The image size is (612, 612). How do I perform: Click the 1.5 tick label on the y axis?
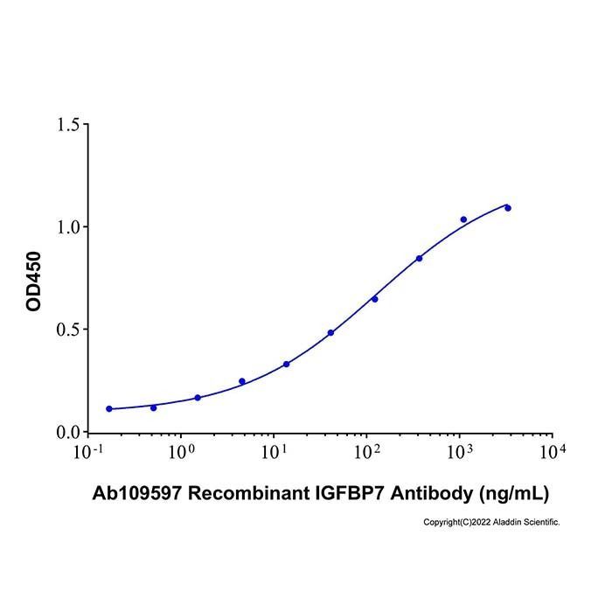(x=68, y=125)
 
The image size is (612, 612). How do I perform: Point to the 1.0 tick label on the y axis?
(x=68, y=227)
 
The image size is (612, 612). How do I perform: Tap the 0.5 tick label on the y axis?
(x=68, y=330)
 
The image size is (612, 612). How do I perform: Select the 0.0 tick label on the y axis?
(x=68, y=433)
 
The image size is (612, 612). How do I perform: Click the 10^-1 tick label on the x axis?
(x=88, y=452)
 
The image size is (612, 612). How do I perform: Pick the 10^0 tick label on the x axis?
(x=181, y=452)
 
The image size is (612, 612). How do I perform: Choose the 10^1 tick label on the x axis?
(x=274, y=452)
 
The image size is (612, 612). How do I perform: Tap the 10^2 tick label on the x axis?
(x=367, y=452)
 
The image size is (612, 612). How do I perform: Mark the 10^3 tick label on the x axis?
(x=460, y=452)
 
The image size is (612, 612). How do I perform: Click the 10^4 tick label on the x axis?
(x=553, y=452)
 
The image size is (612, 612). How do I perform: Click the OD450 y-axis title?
(x=33, y=282)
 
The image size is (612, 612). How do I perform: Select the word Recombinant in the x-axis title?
(x=249, y=493)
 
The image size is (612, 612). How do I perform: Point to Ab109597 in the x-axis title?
(x=137, y=493)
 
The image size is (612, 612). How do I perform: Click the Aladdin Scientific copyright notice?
(x=491, y=522)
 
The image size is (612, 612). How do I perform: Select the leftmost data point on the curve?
(x=109, y=408)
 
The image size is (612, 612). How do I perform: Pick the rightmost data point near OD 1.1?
(x=508, y=208)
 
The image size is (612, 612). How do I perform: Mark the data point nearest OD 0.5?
(x=330, y=332)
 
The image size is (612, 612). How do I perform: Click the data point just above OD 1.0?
(x=463, y=219)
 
